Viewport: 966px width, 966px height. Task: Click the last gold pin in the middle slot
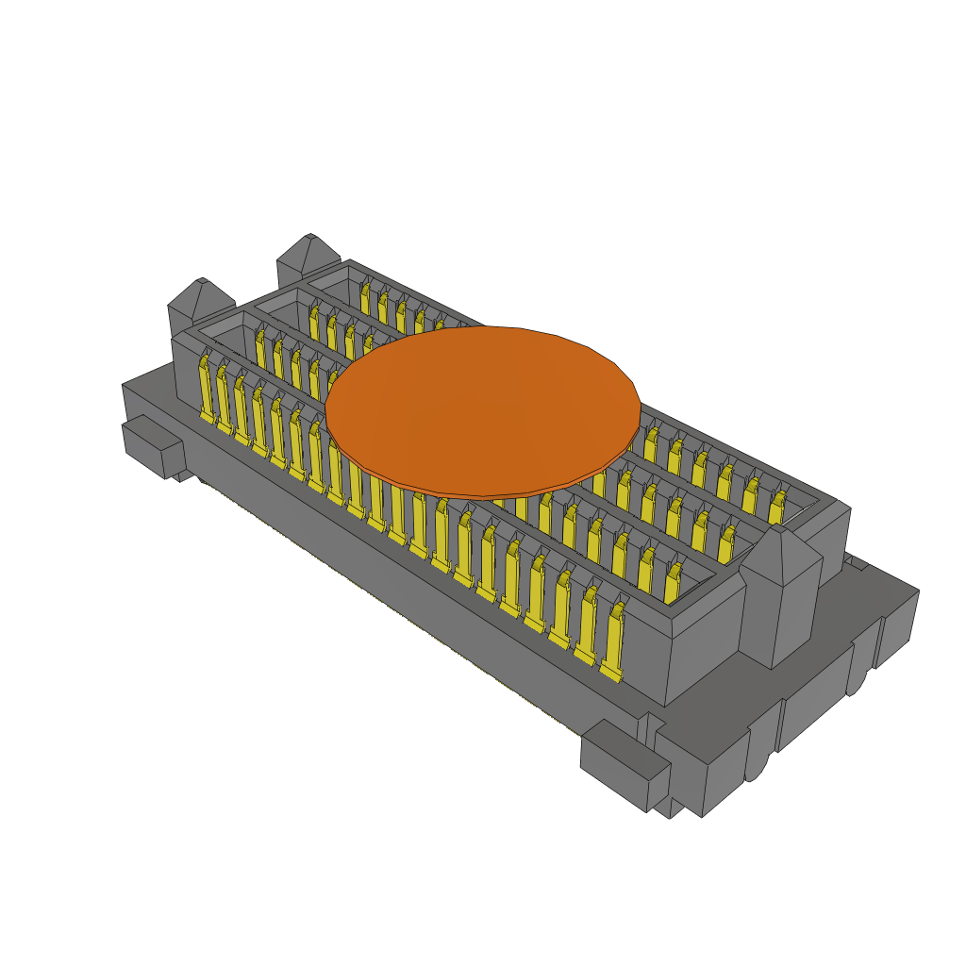[x=725, y=544]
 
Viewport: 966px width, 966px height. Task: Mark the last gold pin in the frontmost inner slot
[x=674, y=583]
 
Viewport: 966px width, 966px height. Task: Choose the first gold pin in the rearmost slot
[x=365, y=296]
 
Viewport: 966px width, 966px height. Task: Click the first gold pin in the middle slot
[x=314, y=321]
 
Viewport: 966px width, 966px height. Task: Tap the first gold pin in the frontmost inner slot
[x=260, y=346]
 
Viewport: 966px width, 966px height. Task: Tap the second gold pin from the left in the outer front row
[x=223, y=397]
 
